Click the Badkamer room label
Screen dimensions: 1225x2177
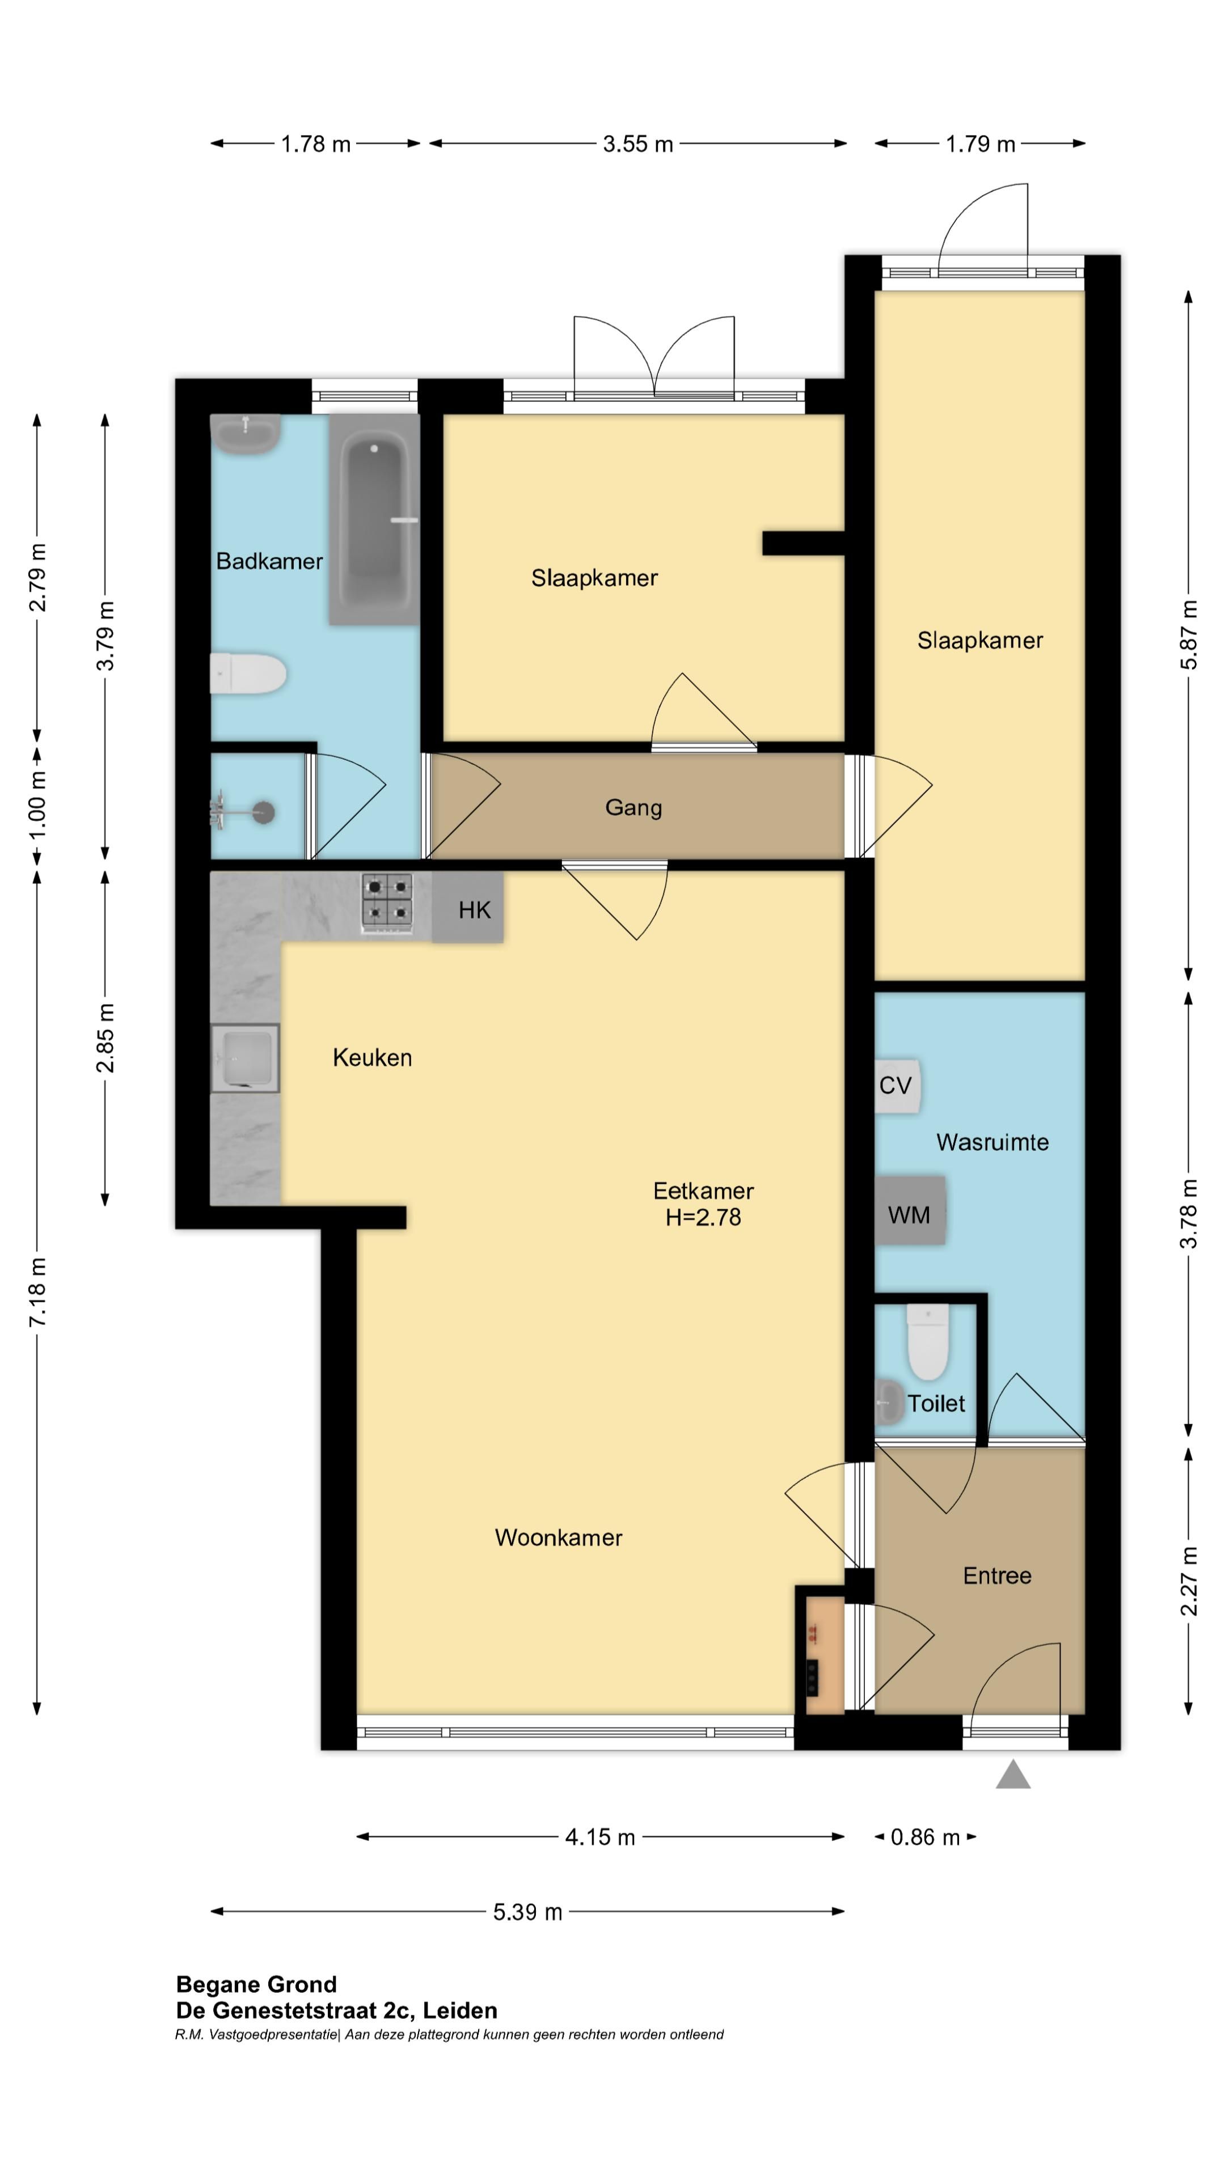coord(269,561)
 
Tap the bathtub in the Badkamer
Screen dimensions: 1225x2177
coord(374,519)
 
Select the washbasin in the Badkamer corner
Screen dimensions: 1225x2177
coord(245,434)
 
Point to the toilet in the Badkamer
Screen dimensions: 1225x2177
coord(248,674)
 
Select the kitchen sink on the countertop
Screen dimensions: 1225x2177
coord(244,1058)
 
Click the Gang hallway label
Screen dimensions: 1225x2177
coord(633,808)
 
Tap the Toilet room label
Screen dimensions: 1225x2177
coord(936,1404)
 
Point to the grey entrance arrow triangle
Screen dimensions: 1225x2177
coord(1013,1774)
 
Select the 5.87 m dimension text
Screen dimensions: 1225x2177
coord(1189,635)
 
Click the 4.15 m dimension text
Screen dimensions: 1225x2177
coord(599,1837)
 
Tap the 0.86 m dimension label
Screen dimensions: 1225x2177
coord(925,1837)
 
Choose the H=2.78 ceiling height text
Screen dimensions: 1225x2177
coord(703,1217)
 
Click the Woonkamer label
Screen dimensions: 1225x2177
coord(559,1538)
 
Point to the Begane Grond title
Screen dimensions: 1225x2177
coord(256,1984)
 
